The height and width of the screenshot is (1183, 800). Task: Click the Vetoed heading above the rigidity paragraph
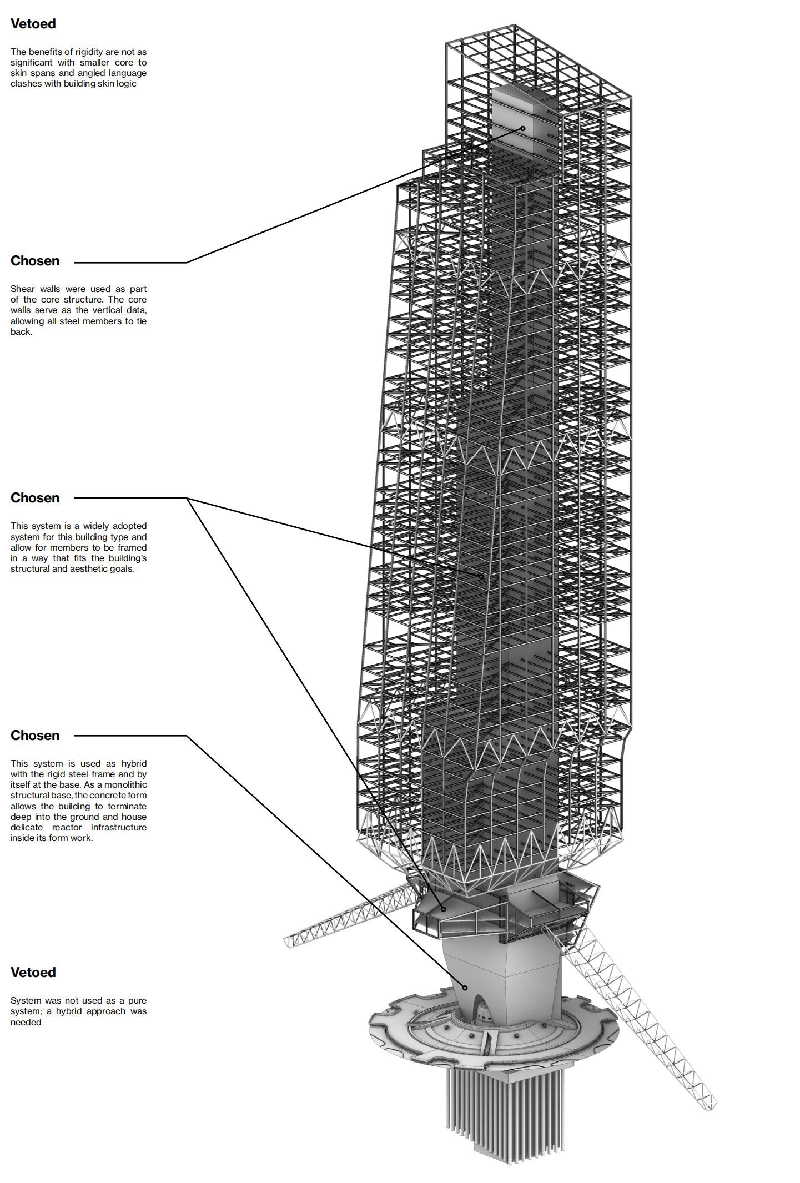(33, 24)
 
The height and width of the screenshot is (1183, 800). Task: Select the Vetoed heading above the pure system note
(33, 972)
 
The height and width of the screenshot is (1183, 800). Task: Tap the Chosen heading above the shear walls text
(35, 261)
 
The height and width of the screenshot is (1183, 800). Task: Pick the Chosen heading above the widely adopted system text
(35, 498)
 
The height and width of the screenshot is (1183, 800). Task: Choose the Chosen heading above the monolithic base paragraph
(35, 736)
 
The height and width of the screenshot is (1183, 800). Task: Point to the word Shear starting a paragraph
(22, 289)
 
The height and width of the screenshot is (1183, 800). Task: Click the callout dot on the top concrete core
(523, 128)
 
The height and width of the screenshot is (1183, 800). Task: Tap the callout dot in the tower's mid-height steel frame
(482, 577)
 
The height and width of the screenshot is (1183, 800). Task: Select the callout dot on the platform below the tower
(444, 909)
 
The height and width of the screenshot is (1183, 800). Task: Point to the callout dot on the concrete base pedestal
(465, 988)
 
